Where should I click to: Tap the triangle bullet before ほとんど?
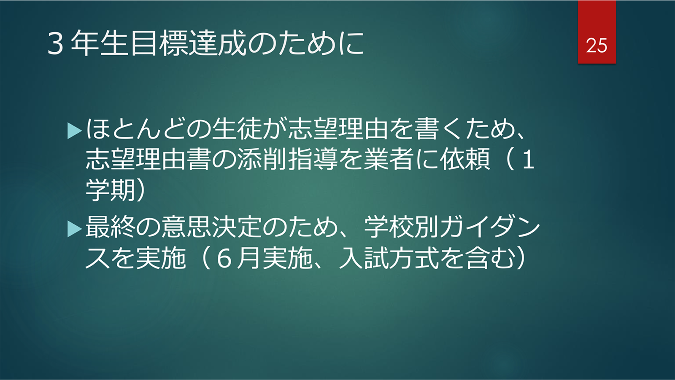[74, 131]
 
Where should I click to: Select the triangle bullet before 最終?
[74, 229]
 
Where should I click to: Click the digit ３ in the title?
[56, 44]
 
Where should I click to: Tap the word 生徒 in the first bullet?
[236, 129]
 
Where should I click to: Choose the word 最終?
[110, 227]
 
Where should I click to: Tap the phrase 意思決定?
[211, 227]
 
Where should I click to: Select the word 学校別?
[401, 227]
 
